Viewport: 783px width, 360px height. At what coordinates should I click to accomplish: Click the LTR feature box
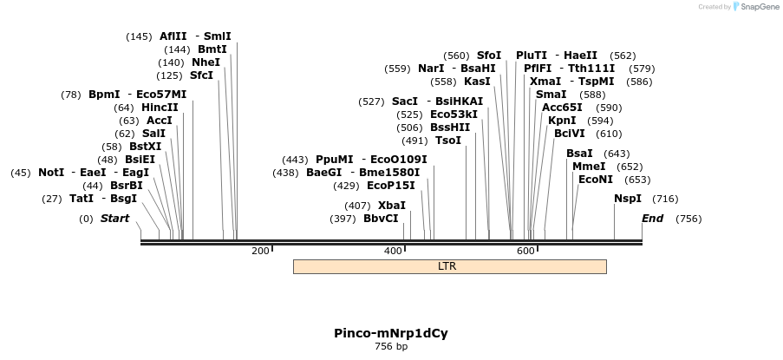(449, 266)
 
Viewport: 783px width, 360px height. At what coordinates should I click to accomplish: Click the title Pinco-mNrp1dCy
(391, 333)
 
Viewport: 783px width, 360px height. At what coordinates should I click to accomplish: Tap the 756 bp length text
(391, 347)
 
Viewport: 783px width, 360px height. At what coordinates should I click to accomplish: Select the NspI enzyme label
(628, 199)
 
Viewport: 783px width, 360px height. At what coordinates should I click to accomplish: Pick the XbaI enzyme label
(392, 206)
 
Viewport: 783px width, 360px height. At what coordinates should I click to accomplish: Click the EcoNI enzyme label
(596, 180)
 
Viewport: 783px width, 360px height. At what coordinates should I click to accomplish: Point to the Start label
(114, 219)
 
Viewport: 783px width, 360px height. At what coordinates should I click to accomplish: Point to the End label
(652, 219)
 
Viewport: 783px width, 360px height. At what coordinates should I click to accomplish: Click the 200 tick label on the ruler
(260, 251)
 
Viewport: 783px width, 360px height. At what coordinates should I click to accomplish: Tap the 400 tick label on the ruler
(393, 251)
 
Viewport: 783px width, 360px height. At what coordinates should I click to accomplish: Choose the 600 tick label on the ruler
(525, 251)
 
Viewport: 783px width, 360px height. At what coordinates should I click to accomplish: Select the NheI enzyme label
(206, 62)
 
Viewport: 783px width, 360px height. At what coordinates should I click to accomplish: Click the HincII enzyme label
(160, 108)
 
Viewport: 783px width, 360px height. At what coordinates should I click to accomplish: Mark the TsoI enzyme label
(448, 141)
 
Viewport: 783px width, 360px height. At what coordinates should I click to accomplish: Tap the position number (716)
(665, 199)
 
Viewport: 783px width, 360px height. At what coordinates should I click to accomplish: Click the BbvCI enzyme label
(381, 219)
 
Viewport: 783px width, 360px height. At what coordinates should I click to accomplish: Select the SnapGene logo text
(759, 7)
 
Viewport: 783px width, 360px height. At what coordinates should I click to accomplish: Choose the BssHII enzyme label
(450, 128)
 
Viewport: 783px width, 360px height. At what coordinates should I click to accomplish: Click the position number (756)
(688, 219)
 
